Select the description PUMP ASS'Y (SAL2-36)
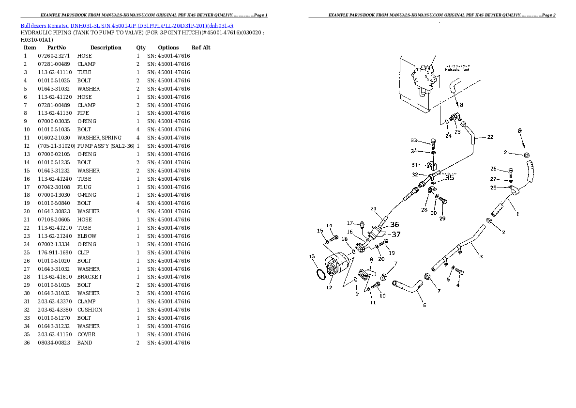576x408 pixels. (106, 146)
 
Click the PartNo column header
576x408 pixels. (57, 47)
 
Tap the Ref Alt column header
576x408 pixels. (201, 47)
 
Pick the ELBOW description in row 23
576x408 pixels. (87, 236)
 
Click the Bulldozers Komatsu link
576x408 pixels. (45, 25)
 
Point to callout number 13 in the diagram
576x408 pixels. (312, 256)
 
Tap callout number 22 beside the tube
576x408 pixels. (490, 137)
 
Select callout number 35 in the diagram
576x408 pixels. (450, 178)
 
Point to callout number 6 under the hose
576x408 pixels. (424, 305)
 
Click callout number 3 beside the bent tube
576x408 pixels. (481, 256)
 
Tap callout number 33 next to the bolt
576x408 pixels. (414, 141)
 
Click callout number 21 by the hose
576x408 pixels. (374, 209)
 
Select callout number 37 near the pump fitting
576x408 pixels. (395, 234)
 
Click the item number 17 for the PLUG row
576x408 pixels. (25, 187)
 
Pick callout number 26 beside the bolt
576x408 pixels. (493, 169)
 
